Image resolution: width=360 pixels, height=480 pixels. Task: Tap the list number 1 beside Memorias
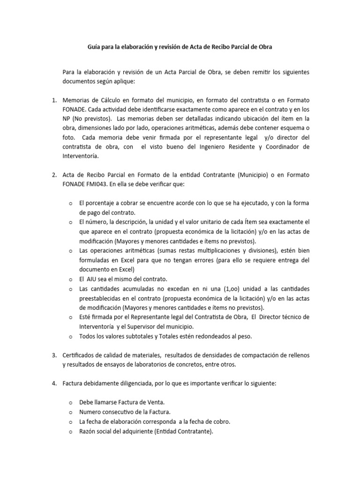(x=53, y=101)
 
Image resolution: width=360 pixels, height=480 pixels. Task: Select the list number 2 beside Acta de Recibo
(x=53, y=175)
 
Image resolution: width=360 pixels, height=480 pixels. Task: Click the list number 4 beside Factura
(x=53, y=383)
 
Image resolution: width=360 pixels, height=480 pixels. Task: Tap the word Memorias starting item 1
(x=78, y=101)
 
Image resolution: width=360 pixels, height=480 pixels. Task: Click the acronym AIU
(x=94, y=279)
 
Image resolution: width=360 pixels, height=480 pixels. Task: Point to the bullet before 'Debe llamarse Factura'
(x=70, y=403)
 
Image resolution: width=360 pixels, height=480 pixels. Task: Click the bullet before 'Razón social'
(x=70, y=432)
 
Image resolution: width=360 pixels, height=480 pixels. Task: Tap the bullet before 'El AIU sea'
(x=70, y=279)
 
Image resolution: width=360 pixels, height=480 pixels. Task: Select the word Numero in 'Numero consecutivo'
(x=91, y=412)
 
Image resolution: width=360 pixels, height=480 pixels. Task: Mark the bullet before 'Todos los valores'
(x=70, y=336)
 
